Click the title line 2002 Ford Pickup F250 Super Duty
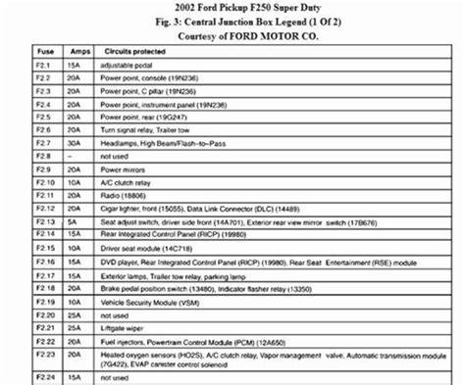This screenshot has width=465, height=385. (x=232, y=8)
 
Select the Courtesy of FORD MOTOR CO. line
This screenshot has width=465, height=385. (x=232, y=36)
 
